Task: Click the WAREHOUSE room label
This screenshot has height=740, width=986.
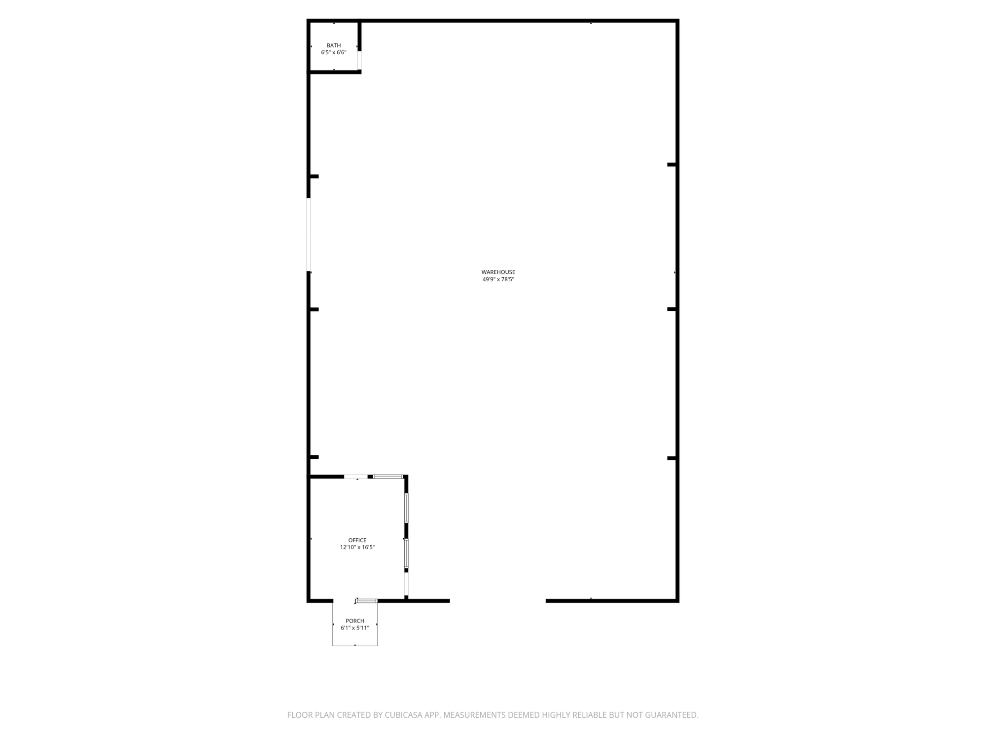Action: (x=498, y=272)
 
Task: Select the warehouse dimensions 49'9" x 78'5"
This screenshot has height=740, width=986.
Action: (x=498, y=279)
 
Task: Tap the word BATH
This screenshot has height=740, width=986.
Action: (x=334, y=45)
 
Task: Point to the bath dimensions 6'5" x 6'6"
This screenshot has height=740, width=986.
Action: (x=334, y=52)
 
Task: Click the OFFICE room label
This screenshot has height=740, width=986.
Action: (x=357, y=540)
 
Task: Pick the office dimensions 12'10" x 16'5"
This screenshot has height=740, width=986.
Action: (x=357, y=547)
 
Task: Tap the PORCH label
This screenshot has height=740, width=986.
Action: (x=355, y=621)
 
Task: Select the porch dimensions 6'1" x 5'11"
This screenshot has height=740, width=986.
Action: (x=355, y=628)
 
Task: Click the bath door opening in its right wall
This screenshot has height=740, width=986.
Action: (x=359, y=60)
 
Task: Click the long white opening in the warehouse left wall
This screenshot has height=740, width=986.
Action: (x=309, y=234)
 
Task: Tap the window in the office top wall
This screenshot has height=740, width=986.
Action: (x=388, y=477)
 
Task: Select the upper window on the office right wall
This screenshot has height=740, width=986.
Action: (x=406, y=508)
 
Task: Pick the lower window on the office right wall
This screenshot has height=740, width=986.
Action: (x=406, y=554)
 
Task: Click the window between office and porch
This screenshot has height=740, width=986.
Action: (x=367, y=600)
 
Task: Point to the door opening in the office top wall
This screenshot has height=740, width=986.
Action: (x=356, y=477)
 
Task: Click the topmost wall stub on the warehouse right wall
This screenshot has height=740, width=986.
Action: (x=671, y=165)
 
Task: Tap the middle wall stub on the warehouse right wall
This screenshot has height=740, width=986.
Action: (x=671, y=309)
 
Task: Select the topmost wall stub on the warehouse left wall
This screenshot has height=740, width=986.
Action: (x=314, y=176)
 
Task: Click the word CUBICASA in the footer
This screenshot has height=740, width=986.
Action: (x=404, y=715)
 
